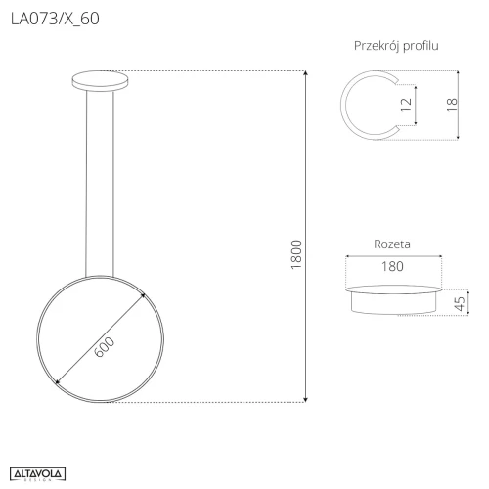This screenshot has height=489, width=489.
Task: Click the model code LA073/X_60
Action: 55,19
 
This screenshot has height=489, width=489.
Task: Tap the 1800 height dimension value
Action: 296,254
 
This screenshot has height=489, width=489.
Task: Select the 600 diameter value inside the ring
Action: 105,347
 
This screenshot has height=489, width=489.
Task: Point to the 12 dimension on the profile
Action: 406,105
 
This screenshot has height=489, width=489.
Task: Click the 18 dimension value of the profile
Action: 452,105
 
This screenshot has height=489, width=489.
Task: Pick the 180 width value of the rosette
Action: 392,266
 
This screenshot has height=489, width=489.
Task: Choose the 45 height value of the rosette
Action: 460,303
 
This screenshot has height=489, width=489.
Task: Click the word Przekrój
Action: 377,46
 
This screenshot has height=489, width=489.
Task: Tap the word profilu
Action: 421,46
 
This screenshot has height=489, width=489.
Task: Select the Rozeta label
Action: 392,244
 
